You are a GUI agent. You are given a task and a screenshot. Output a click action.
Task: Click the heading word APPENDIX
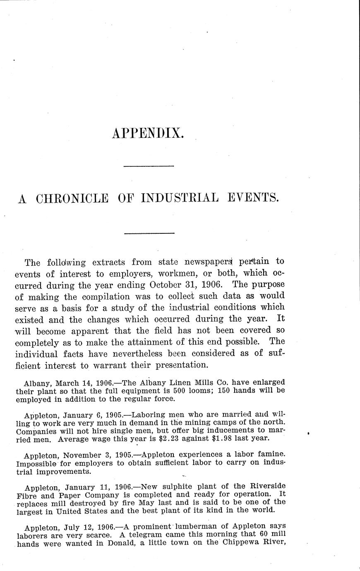[148, 133]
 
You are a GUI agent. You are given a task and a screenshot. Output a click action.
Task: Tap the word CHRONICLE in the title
[72, 199]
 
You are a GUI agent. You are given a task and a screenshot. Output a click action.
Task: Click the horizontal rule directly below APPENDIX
[149, 166]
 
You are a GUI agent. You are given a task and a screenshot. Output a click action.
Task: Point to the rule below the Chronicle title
[149, 233]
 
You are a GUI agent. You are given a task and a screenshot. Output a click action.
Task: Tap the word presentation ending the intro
[181, 365]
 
